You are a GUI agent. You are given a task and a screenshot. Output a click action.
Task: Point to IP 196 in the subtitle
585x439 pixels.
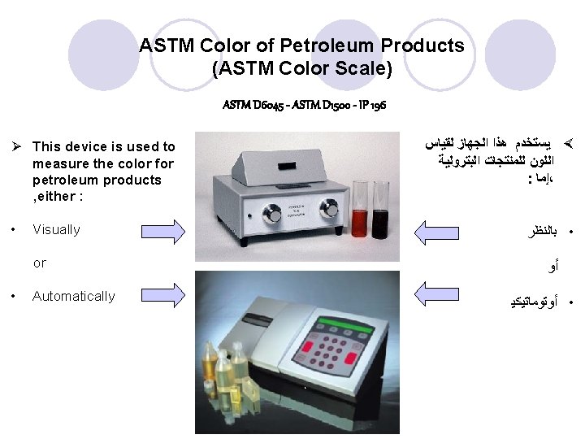[x=371, y=105]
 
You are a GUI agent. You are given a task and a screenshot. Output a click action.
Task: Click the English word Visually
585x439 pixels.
[x=56, y=229]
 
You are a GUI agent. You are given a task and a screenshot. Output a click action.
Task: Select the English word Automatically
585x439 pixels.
[x=73, y=296]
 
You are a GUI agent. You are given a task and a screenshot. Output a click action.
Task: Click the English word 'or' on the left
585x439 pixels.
[x=40, y=263]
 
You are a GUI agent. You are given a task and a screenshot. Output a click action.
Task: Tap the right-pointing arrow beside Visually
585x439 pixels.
[x=162, y=229]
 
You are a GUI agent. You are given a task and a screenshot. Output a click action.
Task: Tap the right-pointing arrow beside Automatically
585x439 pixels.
[x=162, y=295]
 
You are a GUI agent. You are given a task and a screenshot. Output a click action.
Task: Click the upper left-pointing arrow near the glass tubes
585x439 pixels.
[x=437, y=229]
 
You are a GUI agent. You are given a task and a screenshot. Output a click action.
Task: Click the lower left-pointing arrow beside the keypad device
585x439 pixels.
[x=437, y=295]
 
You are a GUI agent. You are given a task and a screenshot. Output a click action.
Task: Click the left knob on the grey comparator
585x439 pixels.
[x=271, y=214]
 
